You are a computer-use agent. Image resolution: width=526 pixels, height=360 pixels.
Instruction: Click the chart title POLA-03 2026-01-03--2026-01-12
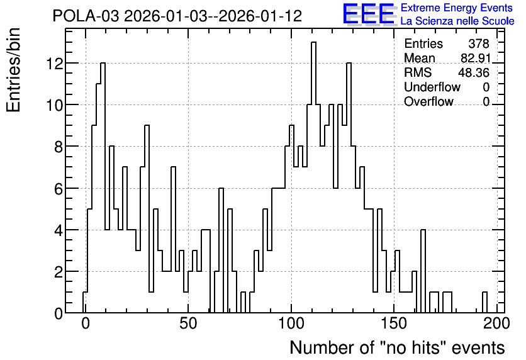point(177,16)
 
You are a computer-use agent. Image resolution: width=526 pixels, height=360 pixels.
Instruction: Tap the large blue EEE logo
point(369,14)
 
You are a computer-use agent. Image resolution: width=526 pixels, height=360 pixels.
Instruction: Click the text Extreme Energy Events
point(457,8)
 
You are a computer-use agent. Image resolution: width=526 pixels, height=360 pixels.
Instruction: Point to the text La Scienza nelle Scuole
point(457,21)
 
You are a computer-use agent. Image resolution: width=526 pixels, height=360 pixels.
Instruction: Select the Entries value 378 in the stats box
point(479,43)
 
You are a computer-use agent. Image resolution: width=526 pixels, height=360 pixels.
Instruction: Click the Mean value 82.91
point(476,58)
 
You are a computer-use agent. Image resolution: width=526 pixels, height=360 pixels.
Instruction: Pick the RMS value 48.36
point(474,72)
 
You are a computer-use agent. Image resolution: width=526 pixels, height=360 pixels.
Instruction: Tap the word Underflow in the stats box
point(432,87)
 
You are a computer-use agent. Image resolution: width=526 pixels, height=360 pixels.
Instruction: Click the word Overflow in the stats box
point(428,101)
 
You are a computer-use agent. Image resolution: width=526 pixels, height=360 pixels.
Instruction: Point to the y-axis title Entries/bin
point(13,70)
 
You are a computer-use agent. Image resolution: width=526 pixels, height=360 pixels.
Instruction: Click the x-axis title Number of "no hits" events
point(397,347)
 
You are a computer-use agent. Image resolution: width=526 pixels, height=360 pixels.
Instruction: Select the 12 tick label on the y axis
point(55,64)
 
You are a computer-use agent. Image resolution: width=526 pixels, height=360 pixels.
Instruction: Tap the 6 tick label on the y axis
point(59,189)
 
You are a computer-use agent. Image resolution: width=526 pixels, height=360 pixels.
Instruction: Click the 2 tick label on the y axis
point(59,272)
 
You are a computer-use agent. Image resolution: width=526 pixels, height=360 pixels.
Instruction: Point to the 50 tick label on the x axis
point(188,323)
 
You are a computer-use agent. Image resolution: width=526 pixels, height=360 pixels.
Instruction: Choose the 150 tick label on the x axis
point(393,323)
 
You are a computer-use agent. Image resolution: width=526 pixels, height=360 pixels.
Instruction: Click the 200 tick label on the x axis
point(496,323)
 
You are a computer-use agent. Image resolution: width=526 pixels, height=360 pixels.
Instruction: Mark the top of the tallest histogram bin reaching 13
point(314,42)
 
